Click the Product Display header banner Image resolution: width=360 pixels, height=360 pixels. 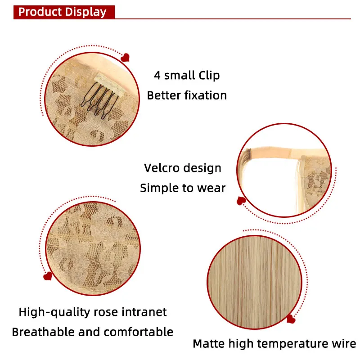pyautogui.click(x=64, y=12)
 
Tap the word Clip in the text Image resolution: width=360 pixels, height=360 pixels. pyautogui.click(x=209, y=76)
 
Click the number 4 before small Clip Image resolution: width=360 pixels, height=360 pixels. pyautogui.click(x=157, y=75)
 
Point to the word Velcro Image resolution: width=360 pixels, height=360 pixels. pyautogui.click(x=162, y=168)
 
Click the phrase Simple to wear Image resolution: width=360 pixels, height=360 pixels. pyautogui.click(x=183, y=188)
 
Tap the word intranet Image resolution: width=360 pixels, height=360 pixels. pyautogui.click(x=144, y=312)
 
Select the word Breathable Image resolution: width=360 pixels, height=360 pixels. pyautogui.click(x=43, y=332)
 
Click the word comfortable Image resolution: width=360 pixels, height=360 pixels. pyautogui.click(x=139, y=332)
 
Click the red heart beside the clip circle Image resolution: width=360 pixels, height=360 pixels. pyautogui.click(x=125, y=58)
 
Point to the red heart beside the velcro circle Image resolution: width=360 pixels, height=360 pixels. pyautogui.click(x=241, y=201)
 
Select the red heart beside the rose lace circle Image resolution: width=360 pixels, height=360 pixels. pyautogui.click(x=48, y=276)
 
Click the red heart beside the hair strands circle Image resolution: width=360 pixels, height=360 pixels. pyautogui.click(x=291, y=319)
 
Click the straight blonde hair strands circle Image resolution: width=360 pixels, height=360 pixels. pyautogui.click(x=254, y=282)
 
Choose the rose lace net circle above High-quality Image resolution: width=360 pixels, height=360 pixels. pyautogui.click(x=93, y=248)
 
